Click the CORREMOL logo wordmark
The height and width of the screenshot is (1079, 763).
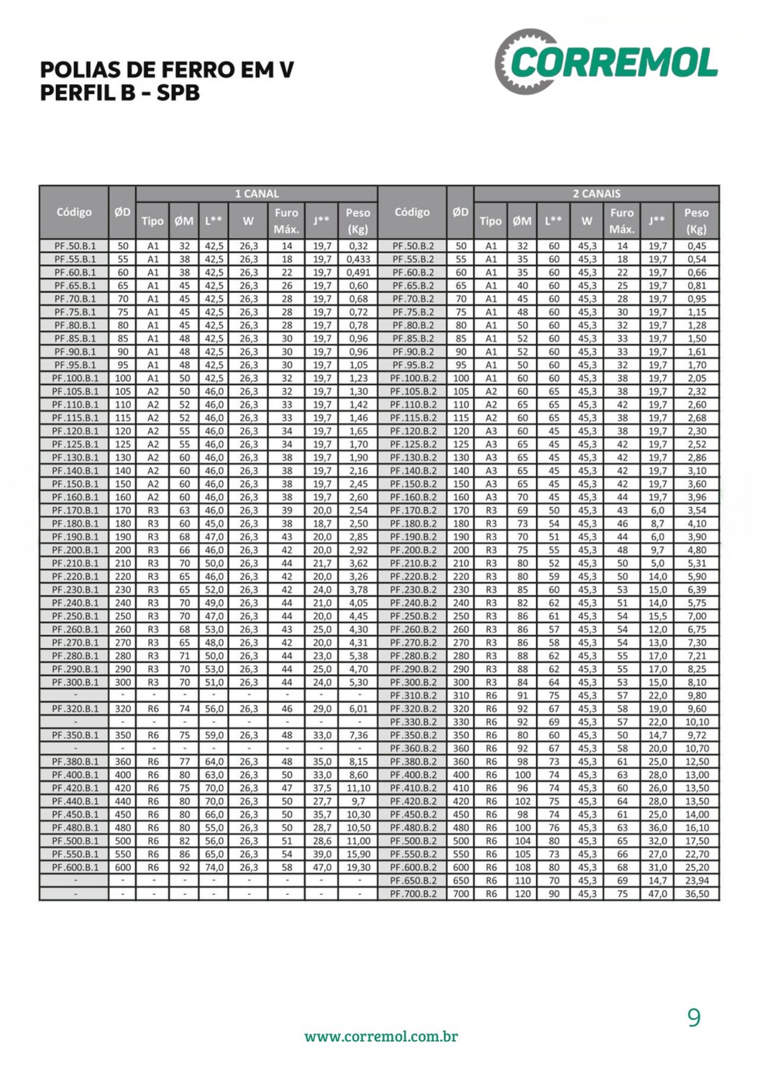613,63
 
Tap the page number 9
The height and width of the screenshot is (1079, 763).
693,1017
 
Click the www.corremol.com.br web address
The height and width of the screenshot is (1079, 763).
381,1037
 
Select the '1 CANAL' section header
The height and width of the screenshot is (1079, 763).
257,194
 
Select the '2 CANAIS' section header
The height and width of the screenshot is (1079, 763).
596,194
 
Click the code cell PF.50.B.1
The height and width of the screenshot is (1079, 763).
74,246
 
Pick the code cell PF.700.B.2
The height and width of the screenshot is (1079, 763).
413,894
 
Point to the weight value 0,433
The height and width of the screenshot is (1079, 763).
358,259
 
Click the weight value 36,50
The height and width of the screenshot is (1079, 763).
697,894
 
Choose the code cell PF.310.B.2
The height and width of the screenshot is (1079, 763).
413,696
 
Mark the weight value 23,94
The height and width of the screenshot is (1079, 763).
697,880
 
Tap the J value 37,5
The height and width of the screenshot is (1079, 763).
322,788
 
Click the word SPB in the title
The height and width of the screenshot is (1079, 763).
178,94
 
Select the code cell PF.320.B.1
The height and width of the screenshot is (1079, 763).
74,709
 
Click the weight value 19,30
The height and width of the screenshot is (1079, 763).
358,868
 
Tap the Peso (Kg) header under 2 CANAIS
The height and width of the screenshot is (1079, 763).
696,221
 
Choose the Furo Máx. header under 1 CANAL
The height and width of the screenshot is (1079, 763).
286,221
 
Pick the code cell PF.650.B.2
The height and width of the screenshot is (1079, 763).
413,880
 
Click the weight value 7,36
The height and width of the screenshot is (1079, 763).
358,735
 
